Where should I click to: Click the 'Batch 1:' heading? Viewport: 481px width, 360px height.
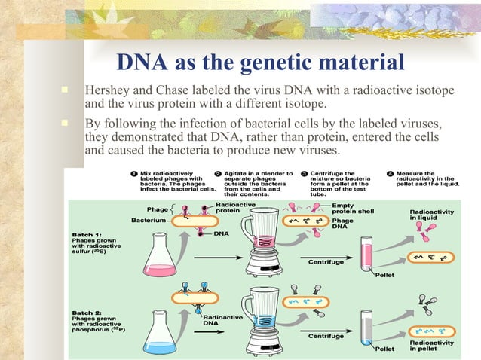[x=85, y=234]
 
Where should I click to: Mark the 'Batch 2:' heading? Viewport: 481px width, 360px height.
[x=85, y=311]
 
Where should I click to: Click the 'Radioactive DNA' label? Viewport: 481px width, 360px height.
[x=223, y=321]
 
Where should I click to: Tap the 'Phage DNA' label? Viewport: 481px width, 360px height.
[x=344, y=224]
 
